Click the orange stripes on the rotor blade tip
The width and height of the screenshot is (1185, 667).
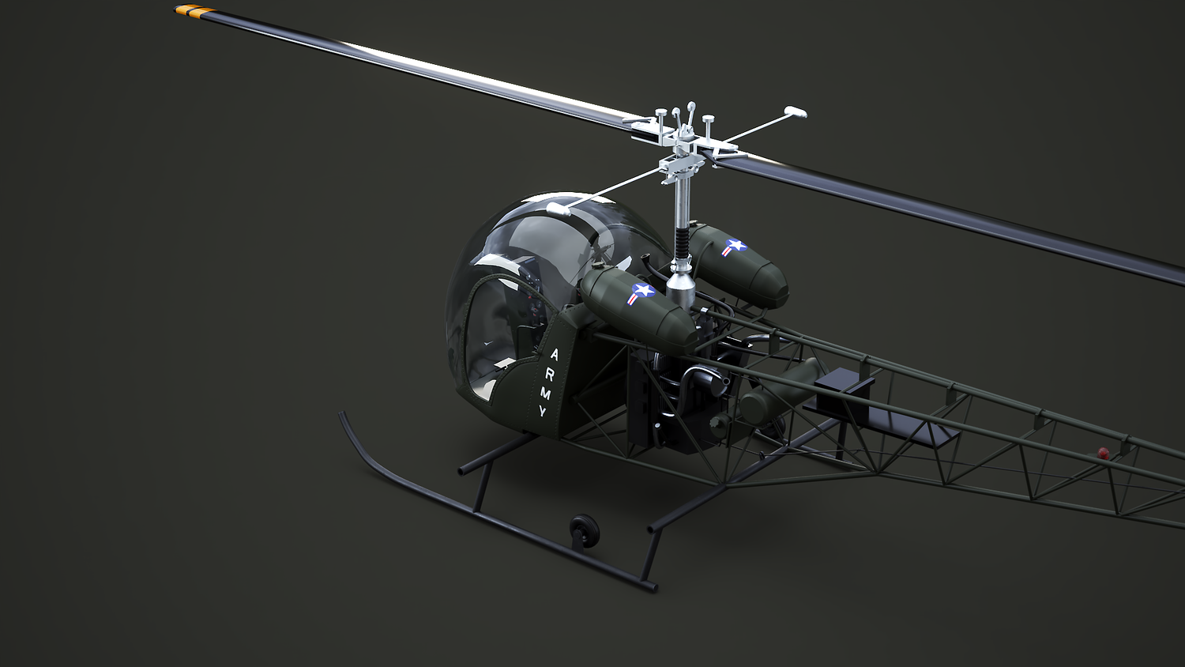(190, 9)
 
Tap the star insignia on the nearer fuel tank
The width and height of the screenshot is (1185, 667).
(641, 293)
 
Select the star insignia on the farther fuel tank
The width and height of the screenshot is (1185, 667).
(733, 247)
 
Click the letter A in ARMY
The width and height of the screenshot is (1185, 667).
(554, 354)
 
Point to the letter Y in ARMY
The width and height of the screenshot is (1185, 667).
(542, 411)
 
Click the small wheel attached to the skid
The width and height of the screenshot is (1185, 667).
(584, 530)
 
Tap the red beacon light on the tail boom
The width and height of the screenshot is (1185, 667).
(1103, 453)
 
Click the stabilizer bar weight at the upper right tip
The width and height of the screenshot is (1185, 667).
(795, 111)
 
